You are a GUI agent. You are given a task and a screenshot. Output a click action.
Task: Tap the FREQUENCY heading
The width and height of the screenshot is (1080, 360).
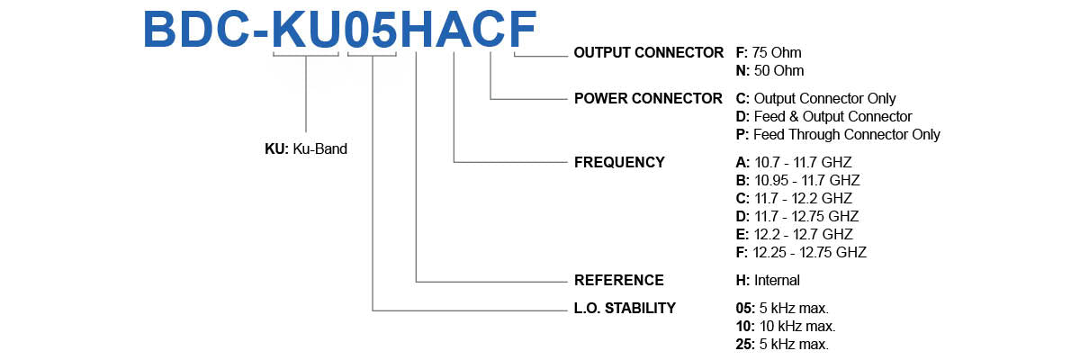(619, 163)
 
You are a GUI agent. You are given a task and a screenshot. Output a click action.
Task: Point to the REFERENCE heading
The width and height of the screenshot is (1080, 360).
(619, 280)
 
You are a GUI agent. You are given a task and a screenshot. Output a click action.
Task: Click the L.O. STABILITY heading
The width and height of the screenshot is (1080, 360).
(625, 308)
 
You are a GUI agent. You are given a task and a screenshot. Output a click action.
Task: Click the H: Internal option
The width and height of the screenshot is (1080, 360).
(768, 280)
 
